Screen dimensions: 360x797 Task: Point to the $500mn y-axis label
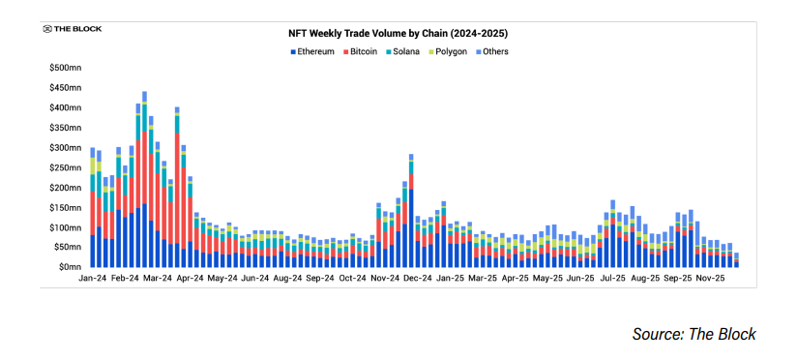tap(65, 68)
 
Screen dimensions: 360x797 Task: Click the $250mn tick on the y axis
tap(65, 167)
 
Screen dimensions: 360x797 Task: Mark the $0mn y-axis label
tap(68, 267)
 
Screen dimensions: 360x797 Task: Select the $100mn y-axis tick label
tap(65, 227)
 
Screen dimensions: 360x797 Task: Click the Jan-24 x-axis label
tap(93, 278)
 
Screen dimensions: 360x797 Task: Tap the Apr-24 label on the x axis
tap(190, 278)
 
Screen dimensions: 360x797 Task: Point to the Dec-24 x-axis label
tap(418, 278)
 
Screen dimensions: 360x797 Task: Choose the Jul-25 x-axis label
tap(613, 278)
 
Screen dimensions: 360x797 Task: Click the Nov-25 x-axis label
tap(711, 278)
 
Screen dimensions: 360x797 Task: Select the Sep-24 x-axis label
tap(320, 278)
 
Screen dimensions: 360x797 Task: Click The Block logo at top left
tap(72, 29)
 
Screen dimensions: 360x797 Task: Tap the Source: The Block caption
tap(694, 334)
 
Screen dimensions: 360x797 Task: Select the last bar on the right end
tap(736, 260)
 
